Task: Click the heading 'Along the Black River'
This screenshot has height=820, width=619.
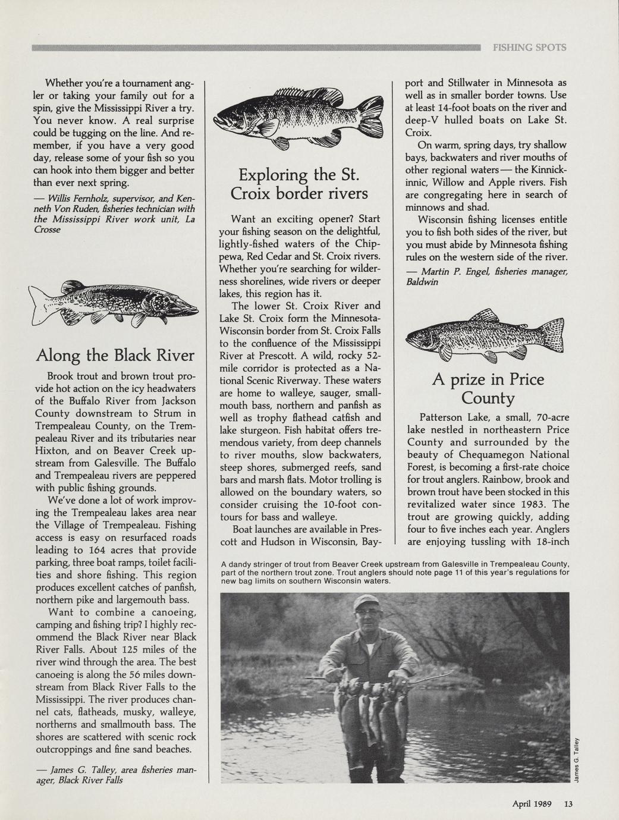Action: (115, 356)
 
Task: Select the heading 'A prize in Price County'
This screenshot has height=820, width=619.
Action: (488, 388)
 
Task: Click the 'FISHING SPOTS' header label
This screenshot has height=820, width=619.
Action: (529, 48)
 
